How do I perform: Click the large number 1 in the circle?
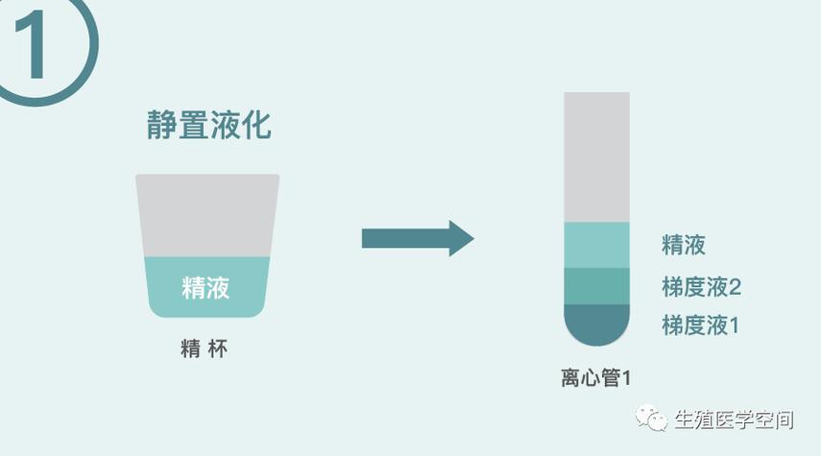click(x=33, y=45)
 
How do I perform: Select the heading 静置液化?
click(x=209, y=125)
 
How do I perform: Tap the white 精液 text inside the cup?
click(x=205, y=287)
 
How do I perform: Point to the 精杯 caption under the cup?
click(x=205, y=348)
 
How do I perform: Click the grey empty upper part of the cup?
click(x=207, y=215)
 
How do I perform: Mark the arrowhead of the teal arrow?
click(x=461, y=238)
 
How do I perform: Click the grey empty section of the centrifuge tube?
click(x=596, y=157)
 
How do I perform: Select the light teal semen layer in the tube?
click(x=596, y=245)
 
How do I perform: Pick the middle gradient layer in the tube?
click(x=596, y=286)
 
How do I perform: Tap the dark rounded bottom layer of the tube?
click(x=596, y=324)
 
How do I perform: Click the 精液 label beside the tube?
click(x=684, y=245)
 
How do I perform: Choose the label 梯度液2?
click(x=702, y=287)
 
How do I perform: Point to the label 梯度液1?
click(x=701, y=325)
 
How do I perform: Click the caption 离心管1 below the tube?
click(x=596, y=377)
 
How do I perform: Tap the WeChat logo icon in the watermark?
click(x=651, y=418)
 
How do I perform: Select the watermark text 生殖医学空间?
click(x=734, y=420)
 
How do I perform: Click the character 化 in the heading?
click(x=256, y=125)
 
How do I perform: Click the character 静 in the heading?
click(x=161, y=125)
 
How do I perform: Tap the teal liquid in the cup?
click(x=207, y=287)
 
